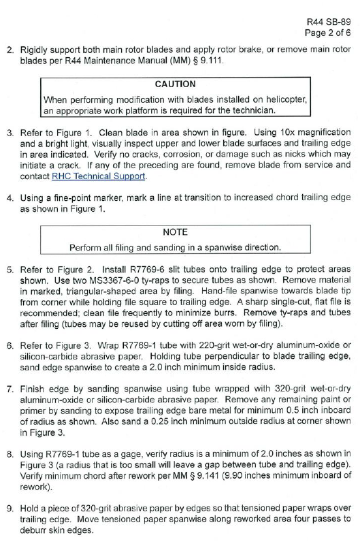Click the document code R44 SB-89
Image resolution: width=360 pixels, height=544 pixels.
[x=330, y=20]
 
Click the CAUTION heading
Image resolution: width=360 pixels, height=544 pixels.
[x=176, y=84]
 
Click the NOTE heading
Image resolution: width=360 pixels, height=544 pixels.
[x=176, y=232]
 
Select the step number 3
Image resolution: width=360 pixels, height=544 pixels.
[x=10, y=131]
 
